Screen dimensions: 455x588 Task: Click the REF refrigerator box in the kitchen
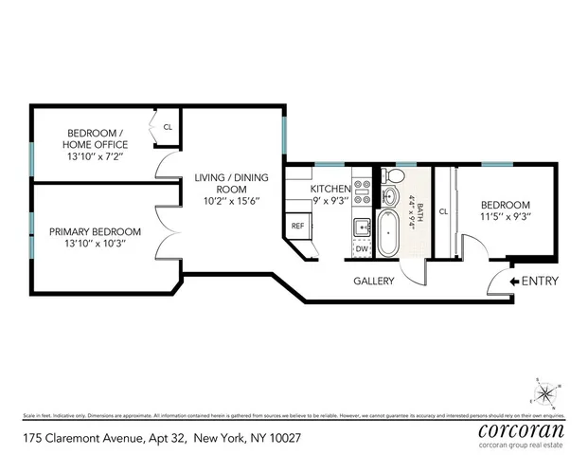297,226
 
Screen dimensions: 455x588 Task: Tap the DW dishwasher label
362,249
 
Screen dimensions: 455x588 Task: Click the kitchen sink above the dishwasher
362,227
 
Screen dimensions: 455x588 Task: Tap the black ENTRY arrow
513,281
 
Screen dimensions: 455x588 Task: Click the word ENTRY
540,281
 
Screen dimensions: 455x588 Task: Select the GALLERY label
373,282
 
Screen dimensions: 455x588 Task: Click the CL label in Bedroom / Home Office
168,126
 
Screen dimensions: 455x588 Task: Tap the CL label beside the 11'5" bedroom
443,210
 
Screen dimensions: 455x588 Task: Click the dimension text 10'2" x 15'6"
231,190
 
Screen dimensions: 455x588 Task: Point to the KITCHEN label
330,189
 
